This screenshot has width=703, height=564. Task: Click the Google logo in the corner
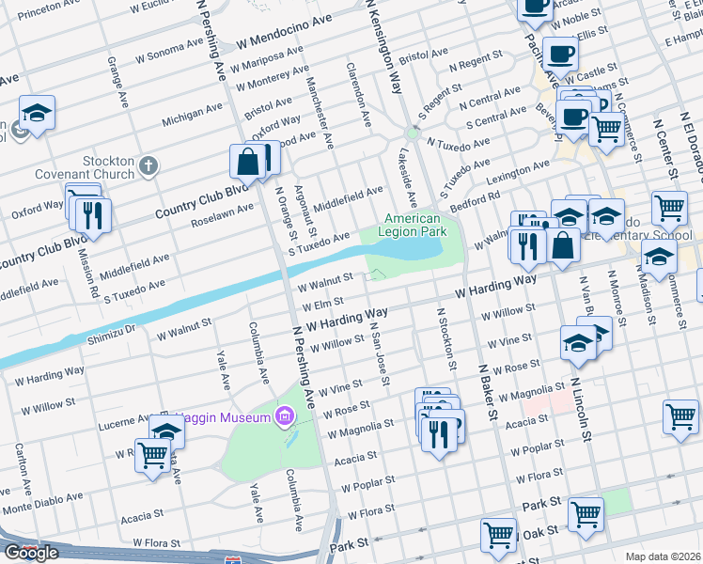31,553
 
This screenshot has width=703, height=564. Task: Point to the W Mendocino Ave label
285,43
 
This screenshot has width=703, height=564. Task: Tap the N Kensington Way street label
381,46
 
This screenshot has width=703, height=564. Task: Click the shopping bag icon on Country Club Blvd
248,162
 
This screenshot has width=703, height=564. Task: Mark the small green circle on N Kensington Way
412,133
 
